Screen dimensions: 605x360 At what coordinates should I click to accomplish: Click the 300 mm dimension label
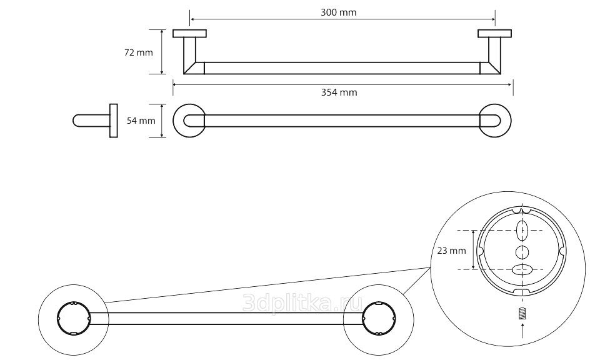pyautogui.click(x=338, y=12)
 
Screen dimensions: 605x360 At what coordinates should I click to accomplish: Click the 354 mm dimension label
pyautogui.click(x=339, y=92)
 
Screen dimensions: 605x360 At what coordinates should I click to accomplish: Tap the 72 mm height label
pyautogui.click(x=139, y=52)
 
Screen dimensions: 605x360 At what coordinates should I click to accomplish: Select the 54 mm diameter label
pyautogui.click(x=141, y=121)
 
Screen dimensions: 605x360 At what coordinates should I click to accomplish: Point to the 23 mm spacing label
pyautogui.click(x=451, y=251)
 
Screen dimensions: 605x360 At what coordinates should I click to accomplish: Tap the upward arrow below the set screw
pyautogui.click(x=522, y=331)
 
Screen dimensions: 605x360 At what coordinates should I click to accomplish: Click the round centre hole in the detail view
pyautogui.click(x=522, y=252)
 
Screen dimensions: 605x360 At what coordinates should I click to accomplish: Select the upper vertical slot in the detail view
pyautogui.click(x=522, y=231)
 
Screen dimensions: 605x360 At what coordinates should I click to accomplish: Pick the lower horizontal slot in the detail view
pyautogui.click(x=522, y=269)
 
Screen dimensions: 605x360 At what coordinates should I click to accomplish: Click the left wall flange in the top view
pyautogui.click(x=189, y=34)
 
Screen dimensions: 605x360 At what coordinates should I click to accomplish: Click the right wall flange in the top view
pyautogui.click(x=494, y=34)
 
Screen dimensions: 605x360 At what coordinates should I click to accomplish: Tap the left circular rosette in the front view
pyautogui.click(x=173, y=121)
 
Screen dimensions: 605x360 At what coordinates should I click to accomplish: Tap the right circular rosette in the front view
pyautogui.click(x=511, y=121)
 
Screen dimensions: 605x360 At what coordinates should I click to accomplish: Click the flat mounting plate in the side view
pyautogui.click(x=114, y=121)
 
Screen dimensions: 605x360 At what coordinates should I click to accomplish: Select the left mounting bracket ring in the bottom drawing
pyautogui.click(x=58, y=318)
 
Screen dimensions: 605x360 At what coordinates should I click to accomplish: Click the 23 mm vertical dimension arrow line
pyautogui.click(x=473, y=250)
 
